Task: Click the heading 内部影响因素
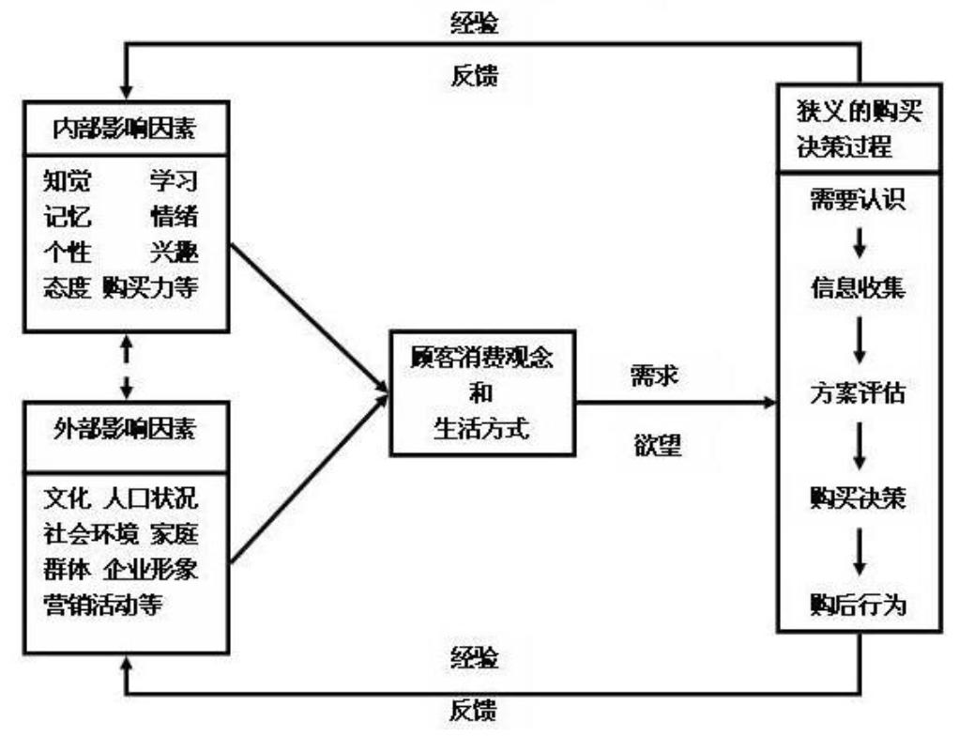pyautogui.click(x=126, y=128)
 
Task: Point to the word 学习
pyautogui.click(x=175, y=179)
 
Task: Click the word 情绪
pyautogui.click(x=175, y=215)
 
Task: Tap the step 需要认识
pyautogui.click(x=858, y=203)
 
